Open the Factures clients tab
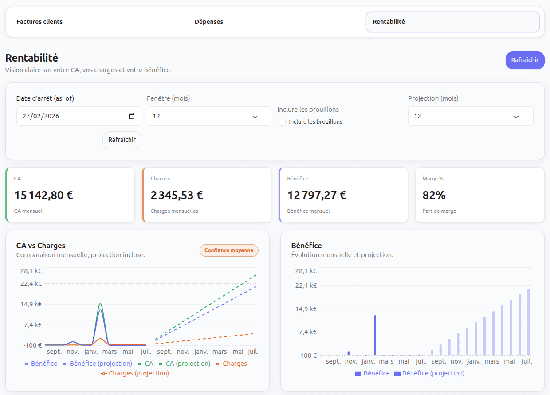(39, 22)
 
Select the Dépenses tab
(209, 22)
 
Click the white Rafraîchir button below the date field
(122, 140)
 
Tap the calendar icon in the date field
(131, 116)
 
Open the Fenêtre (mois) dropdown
(209, 116)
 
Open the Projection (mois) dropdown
(470, 116)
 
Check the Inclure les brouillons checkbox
(282, 122)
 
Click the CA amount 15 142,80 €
(43, 195)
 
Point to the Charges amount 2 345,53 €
(177, 195)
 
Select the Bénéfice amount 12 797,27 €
(317, 195)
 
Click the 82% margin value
(435, 195)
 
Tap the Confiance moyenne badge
(229, 250)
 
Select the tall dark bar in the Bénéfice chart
(375, 335)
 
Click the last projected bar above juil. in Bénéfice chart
(528, 322)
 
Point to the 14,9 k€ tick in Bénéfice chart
(306, 309)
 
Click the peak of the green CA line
(101, 304)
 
